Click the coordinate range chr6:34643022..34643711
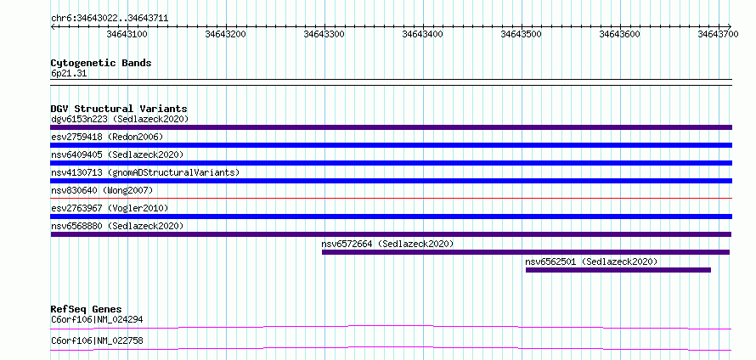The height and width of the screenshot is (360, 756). point(110,19)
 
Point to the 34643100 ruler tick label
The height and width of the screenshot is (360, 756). point(127,34)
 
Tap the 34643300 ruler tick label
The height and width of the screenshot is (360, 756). point(324,34)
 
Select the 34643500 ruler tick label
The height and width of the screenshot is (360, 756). point(522,34)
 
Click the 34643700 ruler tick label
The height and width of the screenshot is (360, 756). point(719,34)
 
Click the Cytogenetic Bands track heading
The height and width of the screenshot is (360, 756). point(101,63)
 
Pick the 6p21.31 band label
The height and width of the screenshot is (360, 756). point(69,74)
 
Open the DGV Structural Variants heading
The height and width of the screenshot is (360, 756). point(119,109)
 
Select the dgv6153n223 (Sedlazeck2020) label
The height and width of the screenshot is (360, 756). point(120,119)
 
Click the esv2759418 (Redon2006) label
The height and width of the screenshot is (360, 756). point(107,137)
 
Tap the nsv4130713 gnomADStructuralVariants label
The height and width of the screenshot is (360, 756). point(145,172)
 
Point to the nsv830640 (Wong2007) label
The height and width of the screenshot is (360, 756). point(102,190)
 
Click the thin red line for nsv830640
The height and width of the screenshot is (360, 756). point(392,198)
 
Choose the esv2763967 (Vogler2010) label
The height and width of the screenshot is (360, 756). point(110,208)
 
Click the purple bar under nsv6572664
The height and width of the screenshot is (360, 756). point(526,252)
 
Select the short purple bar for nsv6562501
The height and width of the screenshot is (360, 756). point(618,270)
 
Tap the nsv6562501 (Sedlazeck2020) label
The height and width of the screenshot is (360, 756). point(591,262)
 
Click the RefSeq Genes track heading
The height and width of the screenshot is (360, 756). point(87,309)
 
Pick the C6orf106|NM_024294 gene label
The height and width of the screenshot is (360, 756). point(97,319)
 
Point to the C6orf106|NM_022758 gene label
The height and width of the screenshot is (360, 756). point(97,341)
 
